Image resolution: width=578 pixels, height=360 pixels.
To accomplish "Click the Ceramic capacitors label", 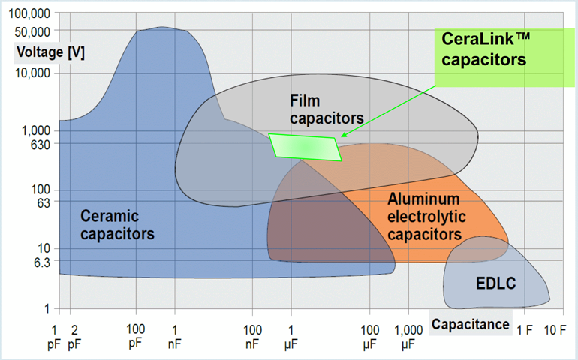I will coord(117,224).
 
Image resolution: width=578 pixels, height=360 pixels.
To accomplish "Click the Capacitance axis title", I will coord(470,325).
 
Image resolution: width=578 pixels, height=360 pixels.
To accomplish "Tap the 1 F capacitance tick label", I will coord(524,329).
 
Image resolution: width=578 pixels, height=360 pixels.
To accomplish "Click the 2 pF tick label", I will coord(74,335).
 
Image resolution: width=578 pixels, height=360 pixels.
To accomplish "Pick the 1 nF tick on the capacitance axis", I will coord(175,335).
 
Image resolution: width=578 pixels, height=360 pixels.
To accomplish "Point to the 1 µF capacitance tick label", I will coord(291,335).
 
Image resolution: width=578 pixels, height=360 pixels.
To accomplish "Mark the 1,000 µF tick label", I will coord(408,335).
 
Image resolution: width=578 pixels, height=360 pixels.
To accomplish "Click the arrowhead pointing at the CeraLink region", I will coord(342,136).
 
